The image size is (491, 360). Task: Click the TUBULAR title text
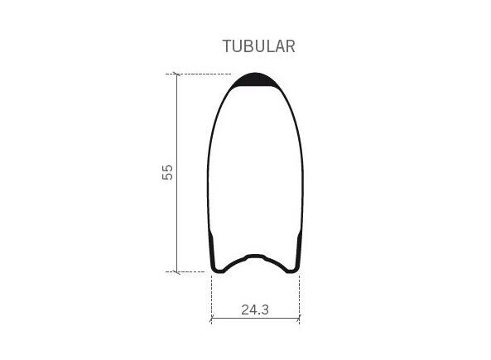(258, 46)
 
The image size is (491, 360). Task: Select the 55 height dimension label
(167, 172)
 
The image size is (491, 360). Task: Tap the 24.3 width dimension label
(255, 310)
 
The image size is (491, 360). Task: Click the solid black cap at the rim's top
(255, 80)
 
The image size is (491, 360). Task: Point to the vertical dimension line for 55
(177, 173)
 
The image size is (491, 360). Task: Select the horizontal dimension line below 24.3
(256, 319)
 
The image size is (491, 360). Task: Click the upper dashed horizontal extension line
(199, 74)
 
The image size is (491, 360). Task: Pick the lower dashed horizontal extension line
(185, 271)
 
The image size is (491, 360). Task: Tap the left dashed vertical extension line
(212, 300)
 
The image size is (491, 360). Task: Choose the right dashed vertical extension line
(300, 300)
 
